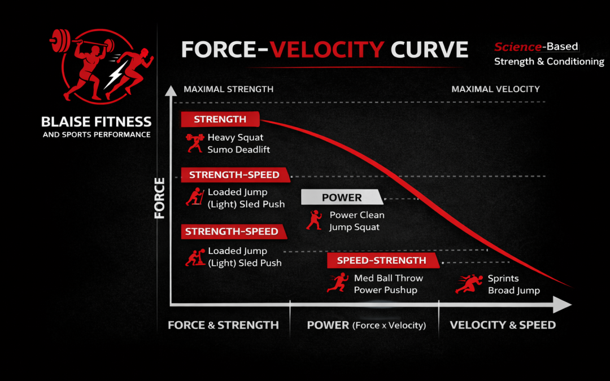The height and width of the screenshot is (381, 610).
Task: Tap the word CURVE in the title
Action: coord(430,50)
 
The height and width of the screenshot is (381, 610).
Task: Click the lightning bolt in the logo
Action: coord(116,74)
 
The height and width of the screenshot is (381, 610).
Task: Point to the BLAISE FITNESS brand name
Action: coord(97,121)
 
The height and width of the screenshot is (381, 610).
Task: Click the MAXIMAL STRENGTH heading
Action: coord(228,89)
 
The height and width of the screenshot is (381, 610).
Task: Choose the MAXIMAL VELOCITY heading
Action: coord(495,89)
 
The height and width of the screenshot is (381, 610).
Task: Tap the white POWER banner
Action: coord(342,198)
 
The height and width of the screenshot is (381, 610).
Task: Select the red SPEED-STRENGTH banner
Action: coord(382,260)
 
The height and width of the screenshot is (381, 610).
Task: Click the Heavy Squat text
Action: coord(235,137)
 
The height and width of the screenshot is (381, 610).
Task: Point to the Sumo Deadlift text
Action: coord(238,150)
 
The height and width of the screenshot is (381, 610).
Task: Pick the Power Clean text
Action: coord(357,215)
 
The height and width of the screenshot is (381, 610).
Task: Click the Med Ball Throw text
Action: coord(388,278)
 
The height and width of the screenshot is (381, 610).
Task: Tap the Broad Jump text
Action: coord(513,291)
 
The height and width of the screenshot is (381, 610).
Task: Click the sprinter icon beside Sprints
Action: coord(468,284)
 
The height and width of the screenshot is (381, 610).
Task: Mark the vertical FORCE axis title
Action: coord(160,198)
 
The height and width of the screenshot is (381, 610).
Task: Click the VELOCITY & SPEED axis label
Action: coord(503,325)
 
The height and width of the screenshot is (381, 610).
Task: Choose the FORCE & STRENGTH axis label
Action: coord(223,325)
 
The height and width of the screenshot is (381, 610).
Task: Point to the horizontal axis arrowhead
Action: coord(563,305)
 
